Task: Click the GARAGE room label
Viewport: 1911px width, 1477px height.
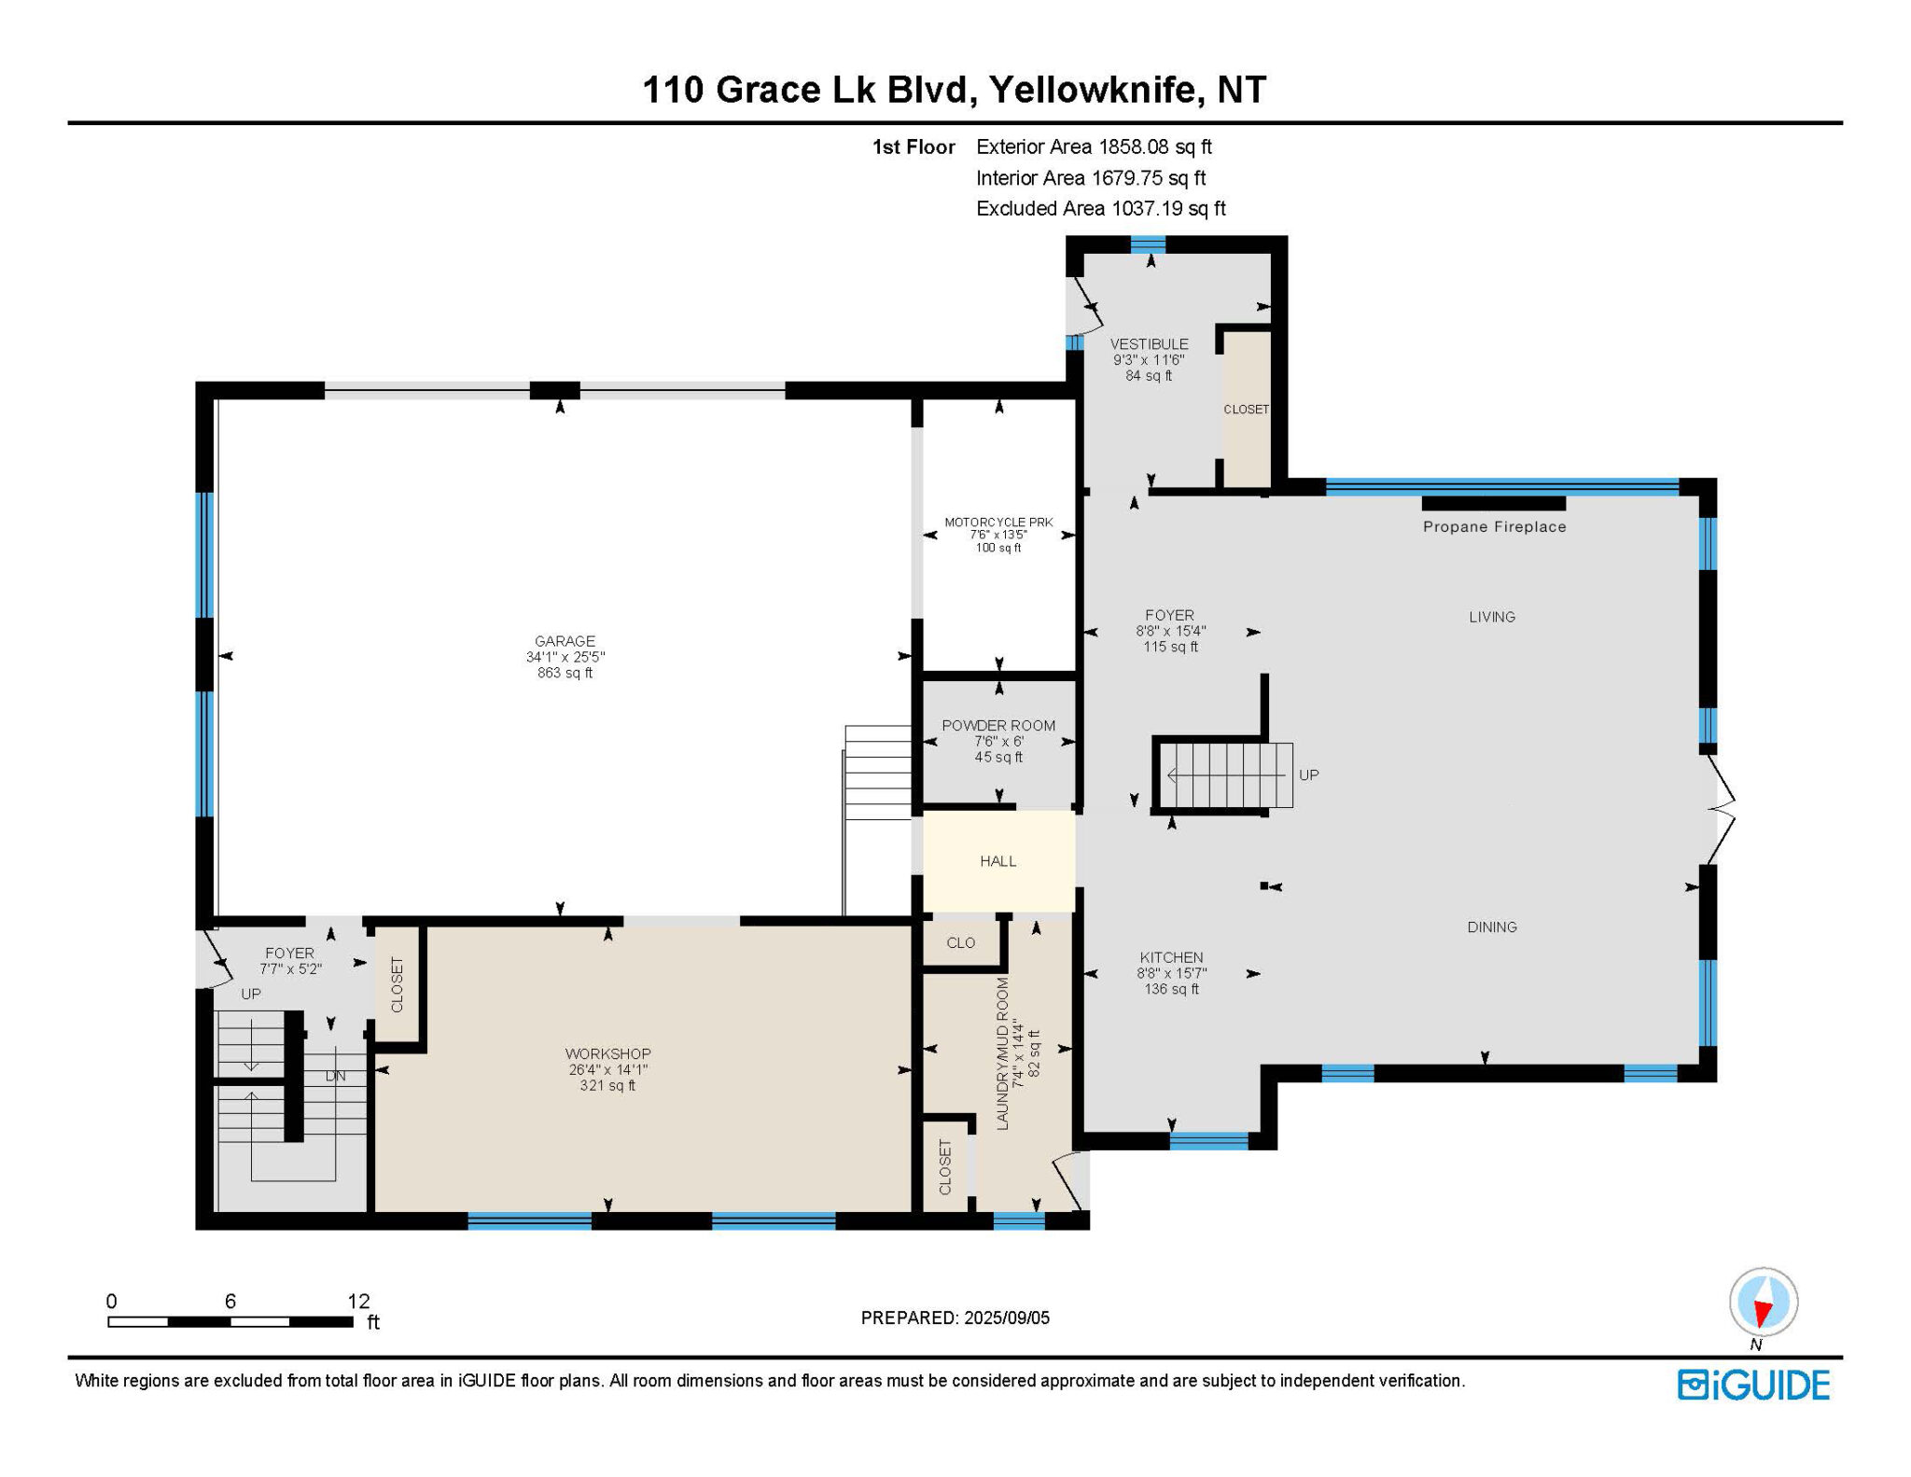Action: [x=565, y=641]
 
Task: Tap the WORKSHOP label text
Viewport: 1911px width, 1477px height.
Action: [x=607, y=1054]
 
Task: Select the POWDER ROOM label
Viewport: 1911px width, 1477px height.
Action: [x=998, y=726]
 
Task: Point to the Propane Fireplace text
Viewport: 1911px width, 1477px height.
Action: [x=1494, y=527]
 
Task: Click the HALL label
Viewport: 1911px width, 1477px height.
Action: [x=997, y=861]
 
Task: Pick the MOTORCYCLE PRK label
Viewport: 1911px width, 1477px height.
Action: [x=998, y=523]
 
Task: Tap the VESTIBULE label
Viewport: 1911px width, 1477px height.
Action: [x=1149, y=344]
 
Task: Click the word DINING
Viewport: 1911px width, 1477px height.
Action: [x=1492, y=927]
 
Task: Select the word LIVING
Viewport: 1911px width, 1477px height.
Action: [x=1492, y=617]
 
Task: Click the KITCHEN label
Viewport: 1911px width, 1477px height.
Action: [x=1171, y=957]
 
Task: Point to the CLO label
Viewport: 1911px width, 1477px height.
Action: [x=960, y=943]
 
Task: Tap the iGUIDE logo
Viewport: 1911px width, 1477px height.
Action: [x=1753, y=1385]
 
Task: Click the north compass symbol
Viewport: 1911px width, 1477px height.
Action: [x=1763, y=1303]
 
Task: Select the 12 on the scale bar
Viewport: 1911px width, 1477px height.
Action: [x=358, y=1301]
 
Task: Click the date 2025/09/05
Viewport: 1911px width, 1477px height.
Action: [x=1007, y=1318]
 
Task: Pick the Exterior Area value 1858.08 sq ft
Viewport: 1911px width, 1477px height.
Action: [x=1154, y=146]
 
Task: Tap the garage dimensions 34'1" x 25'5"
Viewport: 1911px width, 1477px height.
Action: [x=565, y=657]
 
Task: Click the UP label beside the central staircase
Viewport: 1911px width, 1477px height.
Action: [x=1308, y=775]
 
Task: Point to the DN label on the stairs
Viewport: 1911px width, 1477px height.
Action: [x=335, y=1076]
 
